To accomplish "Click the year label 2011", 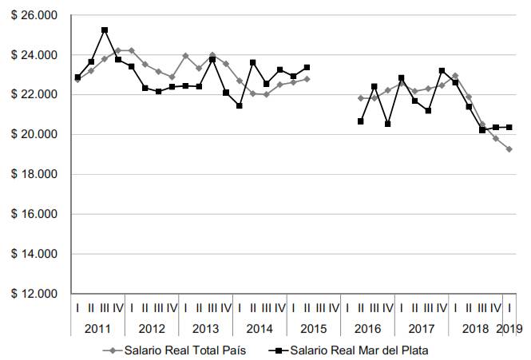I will (x=97, y=328).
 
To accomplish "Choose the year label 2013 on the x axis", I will (x=205, y=328).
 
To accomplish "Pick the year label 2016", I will (x=367, y=328).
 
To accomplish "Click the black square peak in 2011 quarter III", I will (x=105, y=30).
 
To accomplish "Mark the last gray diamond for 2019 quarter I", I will (x=509, y=149).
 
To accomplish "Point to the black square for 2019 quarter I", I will (x=509, y=127).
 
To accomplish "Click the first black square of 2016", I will (x=361, y=121).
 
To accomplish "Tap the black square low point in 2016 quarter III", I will (x=388, y=124).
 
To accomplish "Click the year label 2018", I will (x=475, y=328).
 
